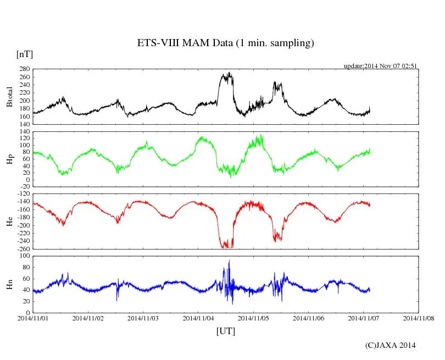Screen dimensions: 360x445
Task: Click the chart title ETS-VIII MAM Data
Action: click(x=225, y=43)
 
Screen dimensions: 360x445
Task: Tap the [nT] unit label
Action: click(x=25, y=54)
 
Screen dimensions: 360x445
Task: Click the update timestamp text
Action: click(x=381, y=66)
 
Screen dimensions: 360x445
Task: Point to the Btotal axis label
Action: click(x=9, y=97)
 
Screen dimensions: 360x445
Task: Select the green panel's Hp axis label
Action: click(x=9, y=159)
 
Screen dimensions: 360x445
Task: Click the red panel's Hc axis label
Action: click(x=9, y=221)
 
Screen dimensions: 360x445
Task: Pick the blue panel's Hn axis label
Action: click(x=9, y=284)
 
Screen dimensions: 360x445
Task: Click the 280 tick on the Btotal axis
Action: click(x=24, y=69)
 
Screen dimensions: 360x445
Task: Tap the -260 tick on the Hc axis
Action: click(x=23, y=248)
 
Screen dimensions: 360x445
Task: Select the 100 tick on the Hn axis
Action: click(x=24, y=256)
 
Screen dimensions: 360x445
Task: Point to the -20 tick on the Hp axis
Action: click(x=24, y=186)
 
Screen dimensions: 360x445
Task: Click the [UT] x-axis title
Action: click(x=225, y=331)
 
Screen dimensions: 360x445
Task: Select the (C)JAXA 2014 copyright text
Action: click(x=390, y=345)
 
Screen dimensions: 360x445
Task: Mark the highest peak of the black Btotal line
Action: click(x=229, y=73)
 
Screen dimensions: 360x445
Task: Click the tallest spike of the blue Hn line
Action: click(x=229, y=261)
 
